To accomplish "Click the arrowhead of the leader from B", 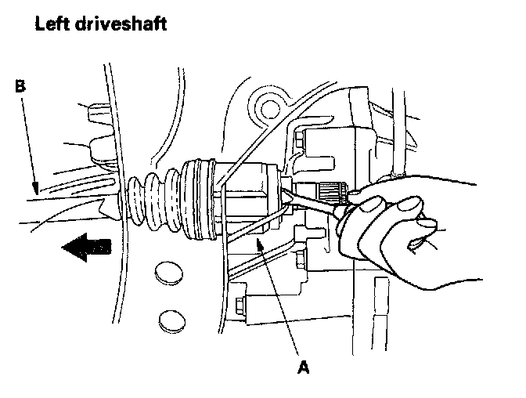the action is click(x=34, y=190).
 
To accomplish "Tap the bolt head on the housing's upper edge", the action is click(x=300, y=141).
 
